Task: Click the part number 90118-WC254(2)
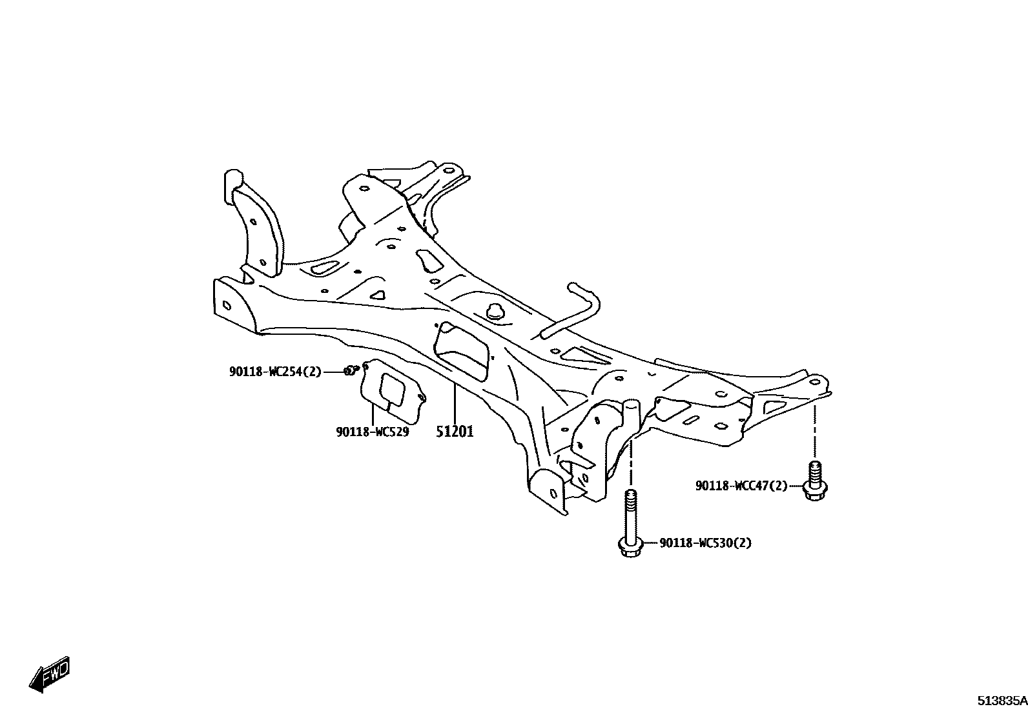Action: click(274, 372)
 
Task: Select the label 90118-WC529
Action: click(372, 432)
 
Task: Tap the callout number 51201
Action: click(454, 432)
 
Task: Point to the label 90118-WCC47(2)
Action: click(741, 486)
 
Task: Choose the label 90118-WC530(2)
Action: click(705, 543)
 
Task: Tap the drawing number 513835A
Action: click(1001, 700)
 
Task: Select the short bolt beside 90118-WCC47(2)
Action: click(815, 480)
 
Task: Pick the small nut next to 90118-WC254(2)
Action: click(351, 370)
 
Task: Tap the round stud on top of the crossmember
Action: click(495, 310)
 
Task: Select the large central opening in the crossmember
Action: click(462, 352)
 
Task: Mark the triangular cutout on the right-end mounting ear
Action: click(774, 407)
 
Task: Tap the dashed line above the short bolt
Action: click(815, 432)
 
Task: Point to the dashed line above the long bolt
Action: click(631, 464)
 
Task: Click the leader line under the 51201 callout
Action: click(454, 403)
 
